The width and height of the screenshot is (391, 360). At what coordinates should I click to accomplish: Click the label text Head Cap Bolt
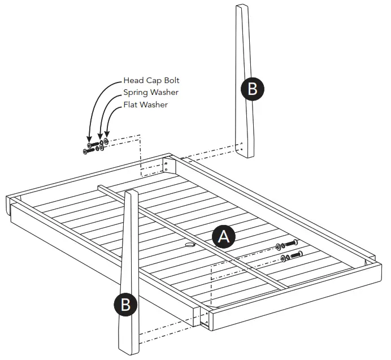pyautogui.click(x=151, y=81)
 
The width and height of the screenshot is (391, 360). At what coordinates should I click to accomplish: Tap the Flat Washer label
pyautogui.click(x=145, y=105)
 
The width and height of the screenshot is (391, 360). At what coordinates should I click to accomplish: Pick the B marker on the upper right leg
pyautogui.click(x=252, y=89)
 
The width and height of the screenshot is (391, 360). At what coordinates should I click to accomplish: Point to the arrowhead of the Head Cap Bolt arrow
pyautogui.click(x=89, y=138)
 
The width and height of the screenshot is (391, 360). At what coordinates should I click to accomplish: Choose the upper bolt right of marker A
pyautogui.click(x=289, y=245)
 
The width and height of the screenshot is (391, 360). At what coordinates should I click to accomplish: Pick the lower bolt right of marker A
pyautogui.click(x=293, y=256)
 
